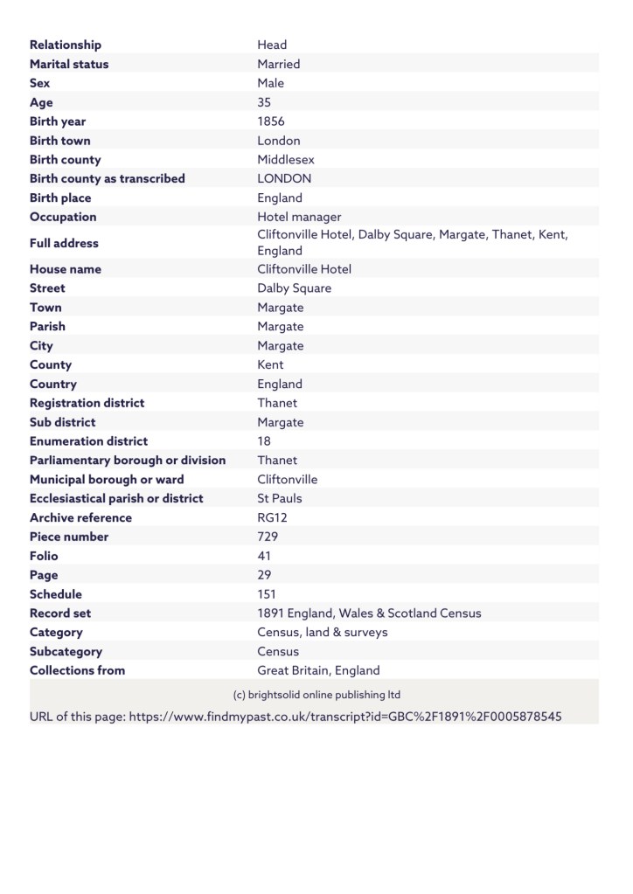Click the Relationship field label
tap(66, 45)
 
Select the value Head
tap(272, 45)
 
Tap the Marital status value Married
tap(279, 64)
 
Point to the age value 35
tap(265, 102)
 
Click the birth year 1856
tap(271, 121)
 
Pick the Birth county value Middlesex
tap(286, 160)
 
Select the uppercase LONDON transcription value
tap(284, 178)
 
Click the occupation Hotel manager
tap(299, 217)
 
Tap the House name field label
tap(66, 269)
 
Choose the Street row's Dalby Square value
tap(295, 288)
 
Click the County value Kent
tap(270, 364)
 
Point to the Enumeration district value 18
tap(264, 441)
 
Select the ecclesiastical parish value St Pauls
tap(280, 498)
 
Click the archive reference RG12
tap(273, 517)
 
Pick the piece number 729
tap(268, 537)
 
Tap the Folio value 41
tap(264, 556)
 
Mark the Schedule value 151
tap(267, 594)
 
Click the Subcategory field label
tap(66, 651)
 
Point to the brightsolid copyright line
tap(316, 695)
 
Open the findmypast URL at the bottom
tap(344, 717)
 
